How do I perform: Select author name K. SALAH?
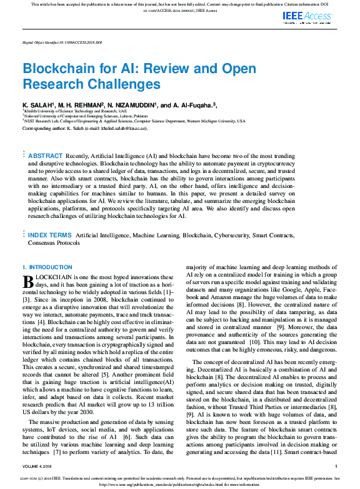(38, 105)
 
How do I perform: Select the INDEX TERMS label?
(50, 235)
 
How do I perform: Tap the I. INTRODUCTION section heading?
(47, 267)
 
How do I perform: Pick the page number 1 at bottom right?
(336, 466)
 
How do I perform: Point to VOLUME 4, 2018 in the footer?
(39, 466)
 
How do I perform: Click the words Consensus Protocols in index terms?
(54, 244)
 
